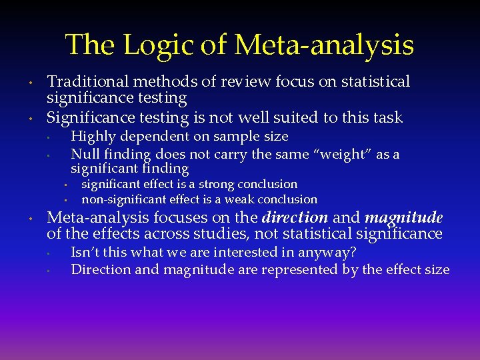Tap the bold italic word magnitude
[x=403, y=217]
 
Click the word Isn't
[x=86, y=252]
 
